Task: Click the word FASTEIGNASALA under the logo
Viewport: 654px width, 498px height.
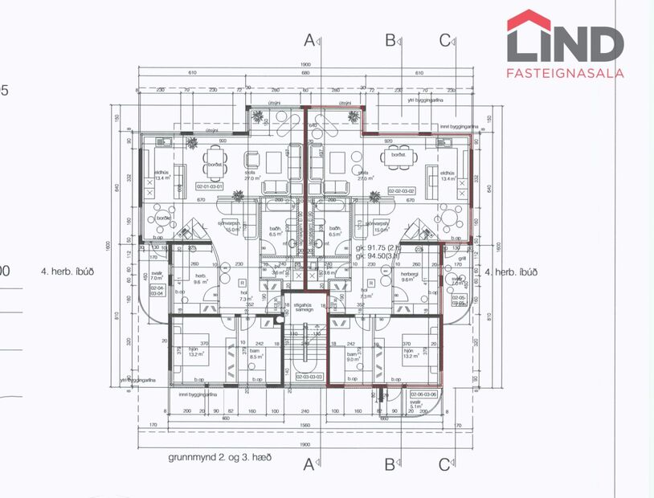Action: coord(566,72)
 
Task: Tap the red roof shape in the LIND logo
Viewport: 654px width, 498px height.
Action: coord(529,19)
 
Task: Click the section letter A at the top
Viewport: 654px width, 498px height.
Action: coord(310,39)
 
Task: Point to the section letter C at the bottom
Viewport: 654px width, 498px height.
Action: coord(444,463)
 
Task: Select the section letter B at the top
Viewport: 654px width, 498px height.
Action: coord(390,39)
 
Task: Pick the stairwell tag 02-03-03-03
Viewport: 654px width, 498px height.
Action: coord(309,375)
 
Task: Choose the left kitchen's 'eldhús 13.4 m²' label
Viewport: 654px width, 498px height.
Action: coord(161,176)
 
